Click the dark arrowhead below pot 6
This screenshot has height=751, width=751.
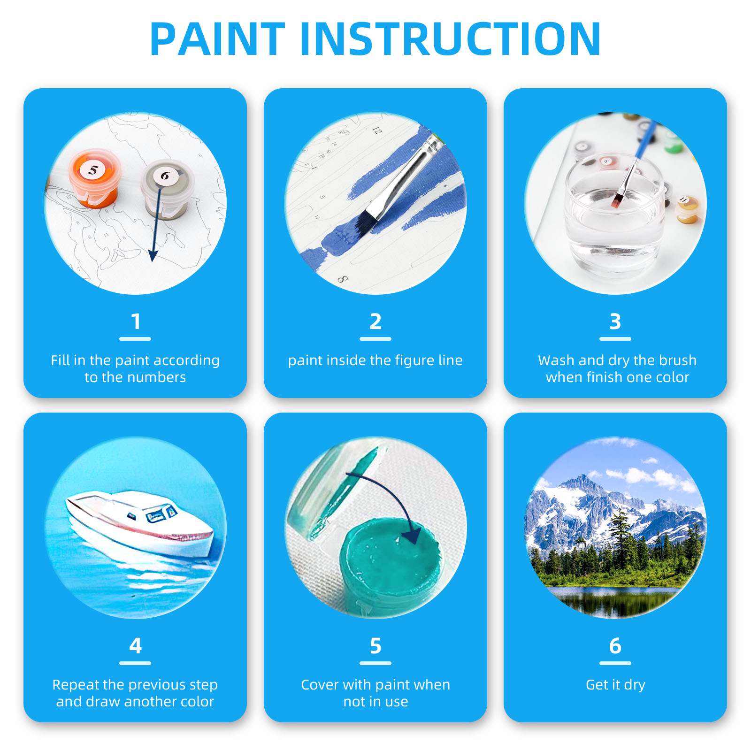(x=153, y=256)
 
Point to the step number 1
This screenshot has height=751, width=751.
(x=136, y=322)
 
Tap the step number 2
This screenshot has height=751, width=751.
(x=375, y=322)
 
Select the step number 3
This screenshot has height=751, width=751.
(x=615, y=322)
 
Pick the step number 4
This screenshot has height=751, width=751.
(x=136, y=646)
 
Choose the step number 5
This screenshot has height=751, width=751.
(x=375, y=646)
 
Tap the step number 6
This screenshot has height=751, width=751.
(x=615, y=646)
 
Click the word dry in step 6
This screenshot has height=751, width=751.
(x=635, y=685)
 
